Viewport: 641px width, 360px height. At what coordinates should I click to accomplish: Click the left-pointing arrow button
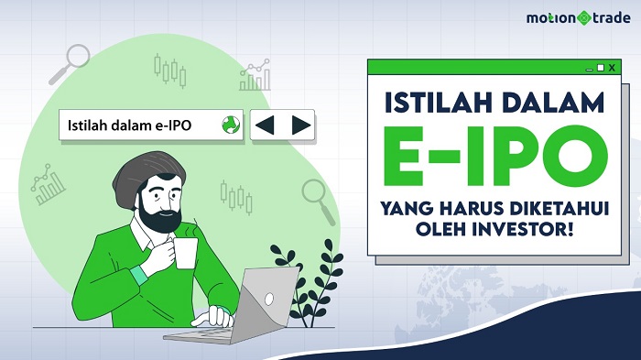(x=265, y=125)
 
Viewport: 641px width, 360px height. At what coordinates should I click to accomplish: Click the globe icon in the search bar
(x=230, y=125)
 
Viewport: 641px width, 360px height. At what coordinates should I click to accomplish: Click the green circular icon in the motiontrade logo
(x=580, y=17)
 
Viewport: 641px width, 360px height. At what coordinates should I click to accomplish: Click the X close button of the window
(x=614, y=68)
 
